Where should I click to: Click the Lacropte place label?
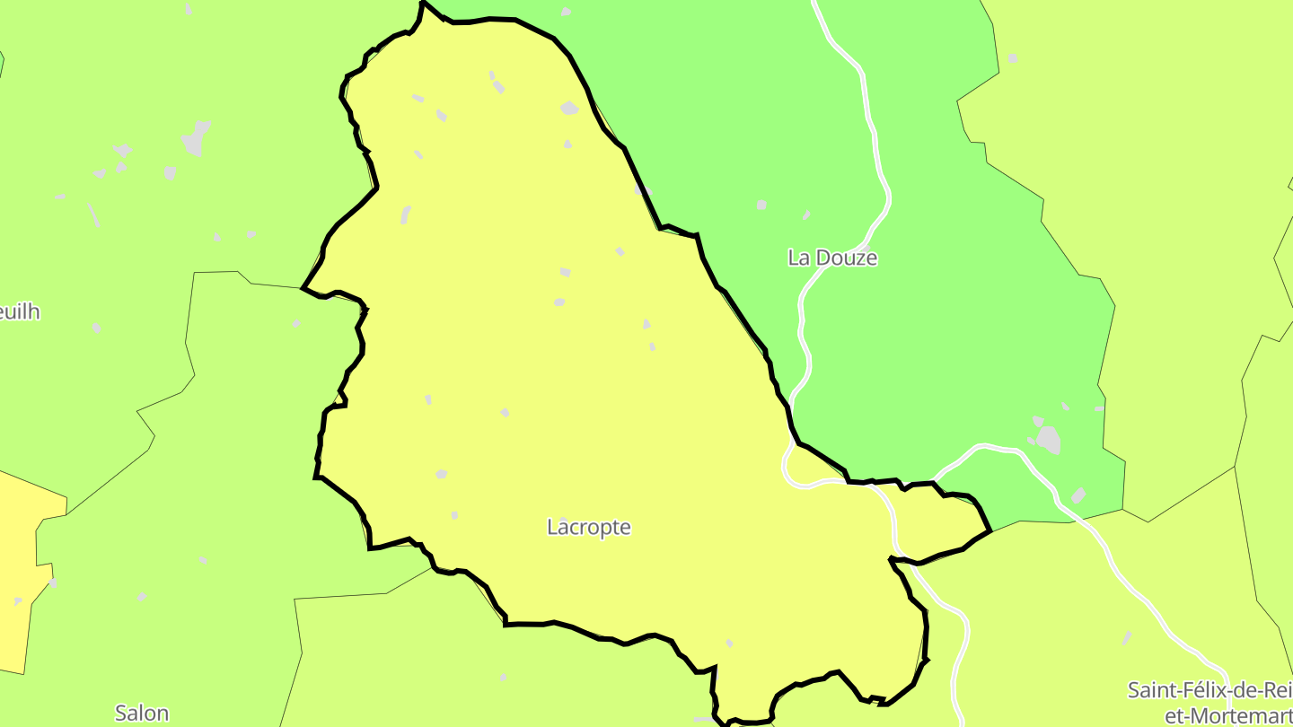[x=588, y=528]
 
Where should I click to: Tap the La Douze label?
[x=831, y=258]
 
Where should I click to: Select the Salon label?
[x=142, y=714]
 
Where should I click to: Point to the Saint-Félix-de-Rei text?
[x=1209, y=691]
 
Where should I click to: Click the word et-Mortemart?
[x=1227, y=715]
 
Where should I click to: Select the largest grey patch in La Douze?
[x=1048, y=440]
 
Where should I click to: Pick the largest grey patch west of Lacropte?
[x=195, y=139]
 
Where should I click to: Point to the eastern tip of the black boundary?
[x=990, y=531]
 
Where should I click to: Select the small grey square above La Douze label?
[x=761, y=205]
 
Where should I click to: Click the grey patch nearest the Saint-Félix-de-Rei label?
[x=1127, y=637]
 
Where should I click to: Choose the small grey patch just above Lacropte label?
[x=454, y=515]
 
